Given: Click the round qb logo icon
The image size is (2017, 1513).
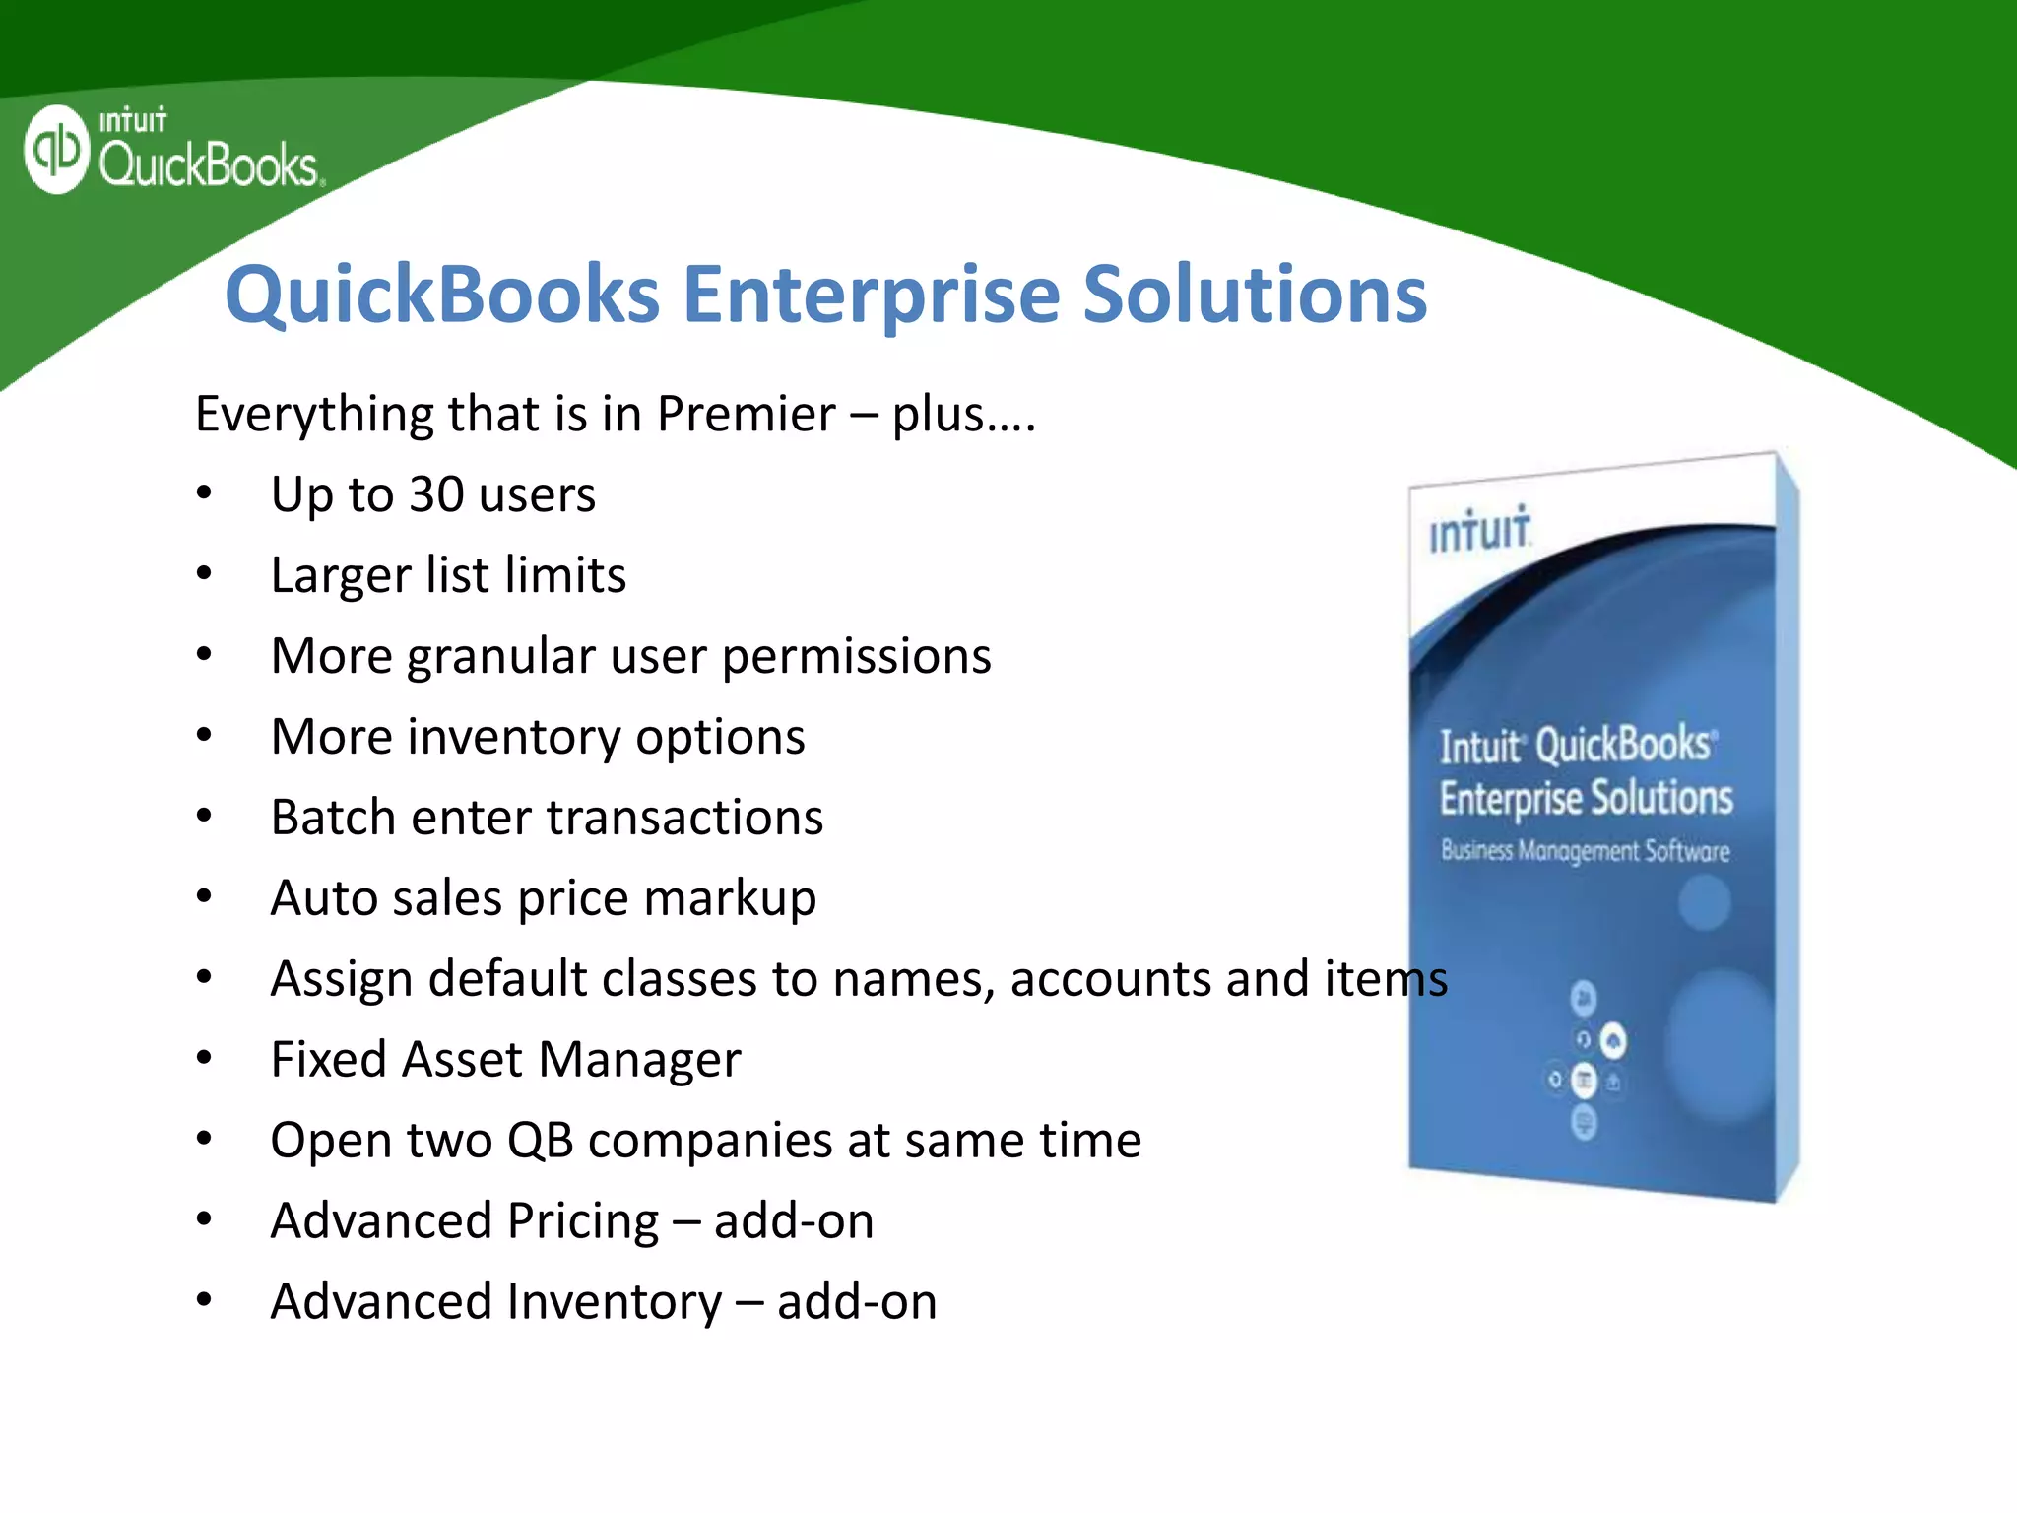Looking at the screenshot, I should point(57,149).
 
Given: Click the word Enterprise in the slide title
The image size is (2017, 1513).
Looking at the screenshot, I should point(871,295).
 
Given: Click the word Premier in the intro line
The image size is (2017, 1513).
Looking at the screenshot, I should point(746,414).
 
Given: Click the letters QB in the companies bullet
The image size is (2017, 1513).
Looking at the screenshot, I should point(540,1141).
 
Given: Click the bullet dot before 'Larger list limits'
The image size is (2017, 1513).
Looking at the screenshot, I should point(204,574).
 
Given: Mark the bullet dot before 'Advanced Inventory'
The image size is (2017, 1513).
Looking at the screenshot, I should point(204,1301).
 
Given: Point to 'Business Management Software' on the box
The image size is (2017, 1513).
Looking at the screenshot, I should point(1585,850).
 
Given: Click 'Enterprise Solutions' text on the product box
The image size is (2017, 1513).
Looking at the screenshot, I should point(1586,798).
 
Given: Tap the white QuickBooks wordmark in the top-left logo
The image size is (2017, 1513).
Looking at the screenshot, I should point(209,164).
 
